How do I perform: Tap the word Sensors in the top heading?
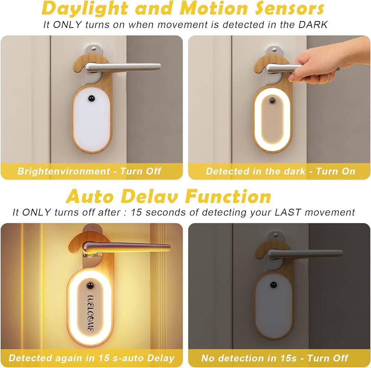coord(289,8)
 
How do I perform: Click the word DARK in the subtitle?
coord(313,24)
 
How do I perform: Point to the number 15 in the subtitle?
coord(136,212)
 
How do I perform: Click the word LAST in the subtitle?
coord(288,212)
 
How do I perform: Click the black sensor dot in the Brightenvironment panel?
coord(91,98)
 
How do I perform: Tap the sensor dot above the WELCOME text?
coord(90,285)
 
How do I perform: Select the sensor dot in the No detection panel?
coord(273,285)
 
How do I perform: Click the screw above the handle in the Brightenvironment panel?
coord(94,49)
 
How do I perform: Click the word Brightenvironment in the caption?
coord(64,171)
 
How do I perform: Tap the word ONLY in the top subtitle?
coord(68,24)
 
